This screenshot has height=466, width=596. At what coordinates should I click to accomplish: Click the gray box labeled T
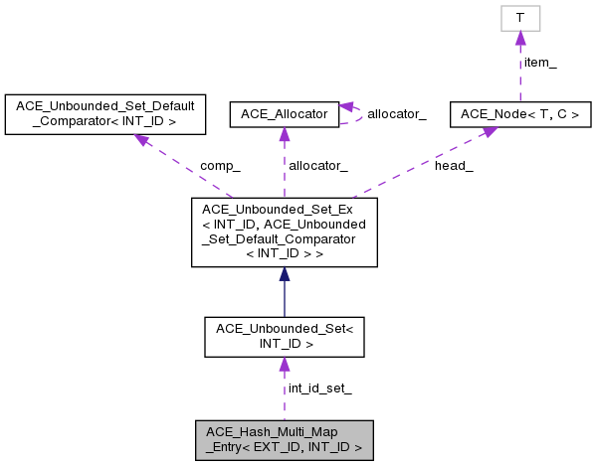click(519, 18)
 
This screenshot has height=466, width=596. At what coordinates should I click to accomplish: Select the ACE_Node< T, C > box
click(519, 114)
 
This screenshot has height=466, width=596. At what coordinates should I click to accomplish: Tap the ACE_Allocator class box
click(285, 114)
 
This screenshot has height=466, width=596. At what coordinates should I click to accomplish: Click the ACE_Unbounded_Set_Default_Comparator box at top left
click(105, 114)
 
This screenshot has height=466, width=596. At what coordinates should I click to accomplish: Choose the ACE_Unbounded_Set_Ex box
click(285, 232)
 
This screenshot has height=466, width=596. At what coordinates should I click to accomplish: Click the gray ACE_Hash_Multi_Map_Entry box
click(285, 439)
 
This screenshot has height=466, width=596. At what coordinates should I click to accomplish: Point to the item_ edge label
click(539, 63)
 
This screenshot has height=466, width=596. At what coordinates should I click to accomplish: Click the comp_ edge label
click(220, 165)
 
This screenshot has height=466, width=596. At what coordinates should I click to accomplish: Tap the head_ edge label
click(454, 165)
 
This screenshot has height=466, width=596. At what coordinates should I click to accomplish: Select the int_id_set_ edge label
click(319, 388)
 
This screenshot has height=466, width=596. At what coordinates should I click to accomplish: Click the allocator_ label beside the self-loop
click(396, 114)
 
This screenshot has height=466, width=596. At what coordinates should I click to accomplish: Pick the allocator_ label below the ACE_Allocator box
click(318, 165)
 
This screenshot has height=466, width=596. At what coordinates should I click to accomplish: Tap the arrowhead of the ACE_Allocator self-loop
click(346, 107)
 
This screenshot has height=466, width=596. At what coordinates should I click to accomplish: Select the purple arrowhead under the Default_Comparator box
click(142, 140)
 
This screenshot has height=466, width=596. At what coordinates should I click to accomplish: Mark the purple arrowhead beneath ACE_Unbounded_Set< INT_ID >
click(285, 365)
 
